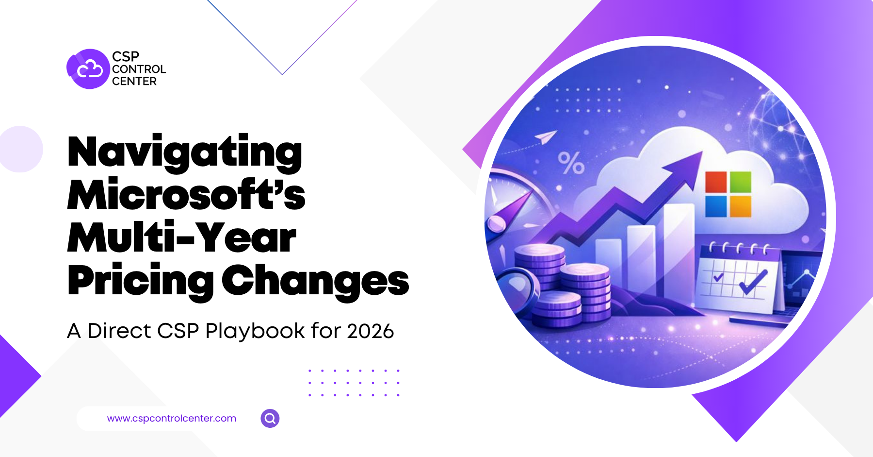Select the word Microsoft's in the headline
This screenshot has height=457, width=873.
pos(186,194)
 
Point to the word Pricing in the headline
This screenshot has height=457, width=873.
pos(141,282)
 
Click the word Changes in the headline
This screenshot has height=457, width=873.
pos(316,281)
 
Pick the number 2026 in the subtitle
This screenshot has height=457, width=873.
pos(371,331)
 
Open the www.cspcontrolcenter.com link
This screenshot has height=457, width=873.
pos(172,418)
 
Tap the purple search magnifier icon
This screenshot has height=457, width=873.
pos(270,418)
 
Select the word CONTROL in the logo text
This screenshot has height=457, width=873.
pos(139,69)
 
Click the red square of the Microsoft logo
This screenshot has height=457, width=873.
pos(716,183)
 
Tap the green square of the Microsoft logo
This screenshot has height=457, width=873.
pos(741,182)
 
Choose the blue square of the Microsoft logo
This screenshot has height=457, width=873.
pos(716,206)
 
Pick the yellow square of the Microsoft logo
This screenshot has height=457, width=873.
pos(741,206)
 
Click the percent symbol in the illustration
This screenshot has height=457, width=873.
pos(571,163)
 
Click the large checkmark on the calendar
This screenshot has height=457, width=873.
pos(753,282)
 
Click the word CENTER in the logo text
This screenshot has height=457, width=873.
pos(134,81)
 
